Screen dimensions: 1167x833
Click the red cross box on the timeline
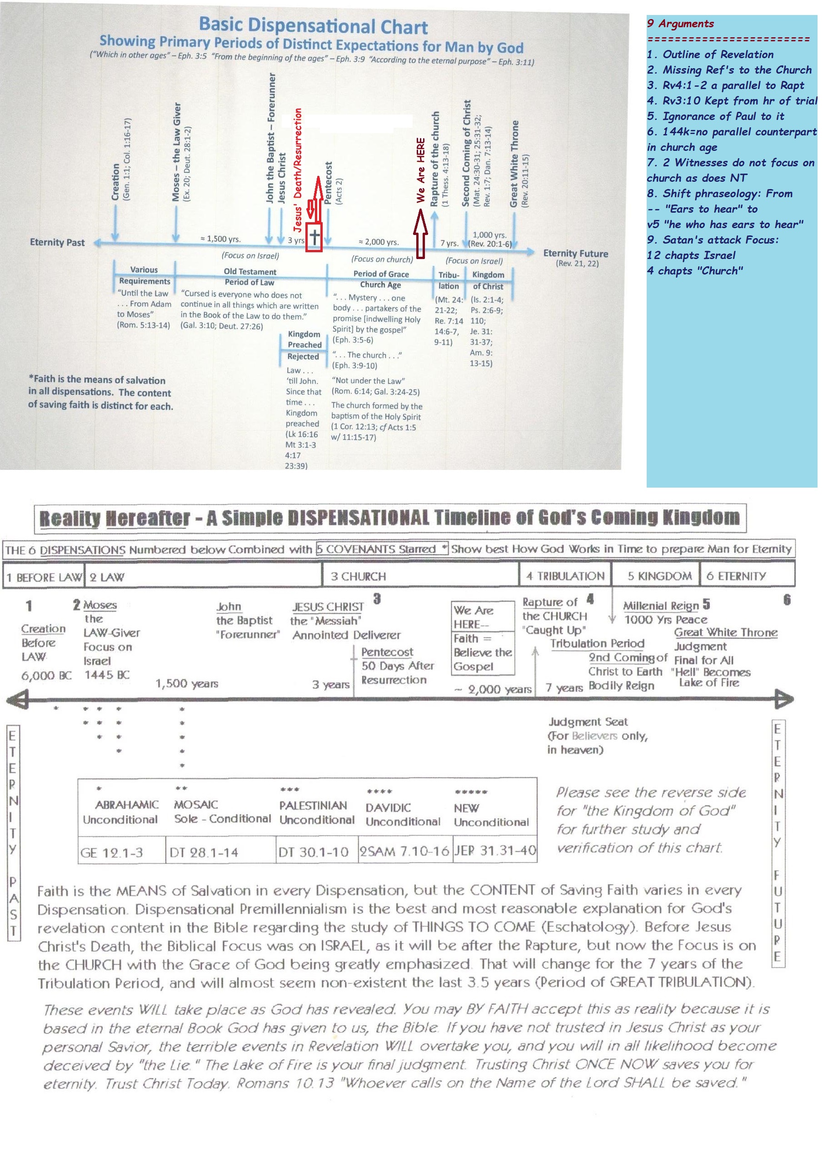click(x=314, y=238)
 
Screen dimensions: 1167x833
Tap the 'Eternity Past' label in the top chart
click(x=57, y=242)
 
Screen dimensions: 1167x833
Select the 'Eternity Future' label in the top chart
click(x=575, y=254)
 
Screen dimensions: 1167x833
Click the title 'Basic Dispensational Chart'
click(x=313, y=25)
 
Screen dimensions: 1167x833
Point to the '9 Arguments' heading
click(x=680, y=23)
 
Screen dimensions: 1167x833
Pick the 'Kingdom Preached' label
click(x=304, y=339)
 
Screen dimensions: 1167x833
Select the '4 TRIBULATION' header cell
click(x=565, y=576)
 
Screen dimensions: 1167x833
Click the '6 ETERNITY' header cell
click(x=736, y=576)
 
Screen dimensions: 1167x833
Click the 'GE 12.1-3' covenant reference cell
click(x=111, y=853)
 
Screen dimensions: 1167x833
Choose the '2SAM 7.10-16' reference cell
click(x=404, y=852)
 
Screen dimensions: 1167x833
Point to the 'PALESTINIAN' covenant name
click(x=313, y=805)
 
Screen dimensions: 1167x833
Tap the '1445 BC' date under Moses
click(x=107, y=675)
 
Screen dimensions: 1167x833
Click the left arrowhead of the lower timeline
click(x=17, y=698)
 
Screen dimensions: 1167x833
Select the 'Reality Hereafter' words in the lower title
click(x=115, y=518)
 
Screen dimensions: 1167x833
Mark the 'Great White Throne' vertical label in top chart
click(x=514, y=164)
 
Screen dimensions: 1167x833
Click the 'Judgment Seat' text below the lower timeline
click(x=588, y=722)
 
